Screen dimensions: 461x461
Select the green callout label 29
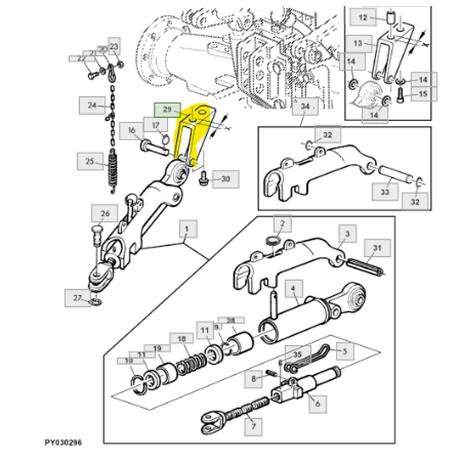coord(166,109)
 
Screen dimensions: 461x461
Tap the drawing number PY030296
coord(64,443)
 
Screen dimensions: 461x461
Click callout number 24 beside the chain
coord(92,105)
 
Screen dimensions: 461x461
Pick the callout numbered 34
coord(304,106)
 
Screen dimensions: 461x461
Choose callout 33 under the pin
coord(385,192)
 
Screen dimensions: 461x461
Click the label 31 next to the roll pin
coord(377,248)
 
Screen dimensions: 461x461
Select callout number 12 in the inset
coord(364,16)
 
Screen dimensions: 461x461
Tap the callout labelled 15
coord(423,95)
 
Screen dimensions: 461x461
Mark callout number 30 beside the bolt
coord(225,178)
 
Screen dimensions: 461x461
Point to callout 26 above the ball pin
coord(105,213)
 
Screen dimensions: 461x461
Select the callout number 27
coord(78,298)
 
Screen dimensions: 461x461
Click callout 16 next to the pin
coord(133,131)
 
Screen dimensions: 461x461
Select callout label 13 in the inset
coord(358,43)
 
